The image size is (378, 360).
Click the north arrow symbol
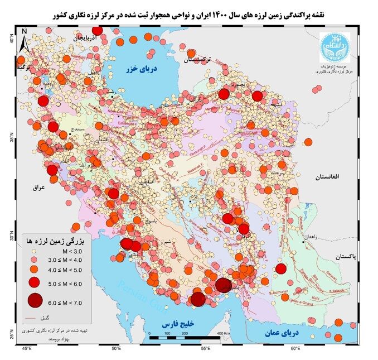click(x=24, y=40)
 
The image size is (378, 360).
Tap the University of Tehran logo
click(x=333, y=48)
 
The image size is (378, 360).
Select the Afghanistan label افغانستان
click(x=331, y=176)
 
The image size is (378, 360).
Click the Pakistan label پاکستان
click(x=350, y=257)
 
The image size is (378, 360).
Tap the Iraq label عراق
click(x=38, y=188)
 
